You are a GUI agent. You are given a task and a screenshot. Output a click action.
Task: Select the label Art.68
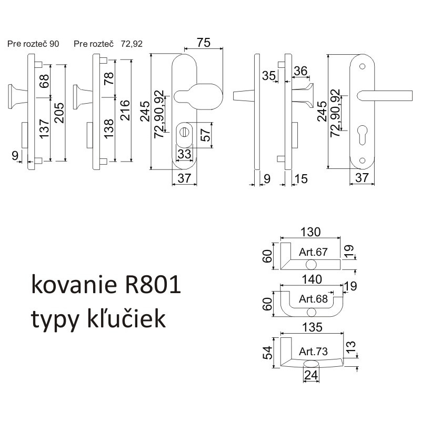click(313, 299)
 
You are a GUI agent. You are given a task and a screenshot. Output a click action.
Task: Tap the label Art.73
click(313, 351)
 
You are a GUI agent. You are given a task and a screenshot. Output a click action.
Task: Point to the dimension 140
click(310, 280)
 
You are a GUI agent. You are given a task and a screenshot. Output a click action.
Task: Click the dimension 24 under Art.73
click(310, 375)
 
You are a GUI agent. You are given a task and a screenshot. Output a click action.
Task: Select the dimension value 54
click(268, 351)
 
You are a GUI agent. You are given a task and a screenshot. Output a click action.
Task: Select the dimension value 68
click(44, 81)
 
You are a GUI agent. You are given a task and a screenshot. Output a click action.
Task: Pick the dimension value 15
click(301, 179)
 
